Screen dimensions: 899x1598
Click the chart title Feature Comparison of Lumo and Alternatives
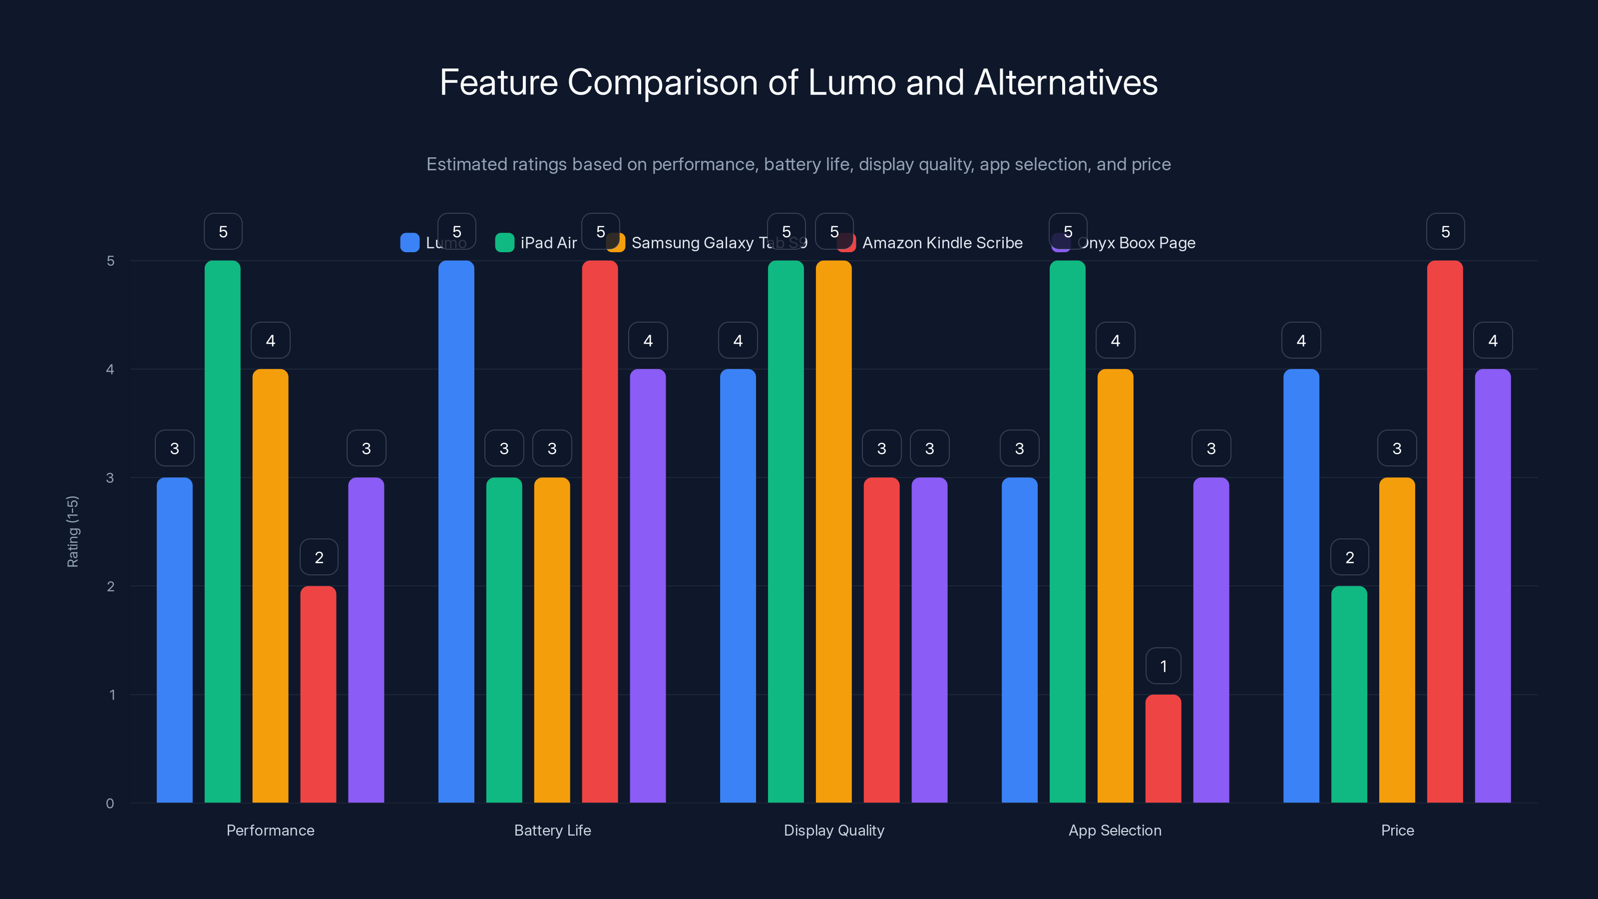click(x=799, y=82)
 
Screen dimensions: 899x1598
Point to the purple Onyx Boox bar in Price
click(x=1493, y=586)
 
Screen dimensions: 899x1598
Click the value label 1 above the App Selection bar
click(x=1163, y=666)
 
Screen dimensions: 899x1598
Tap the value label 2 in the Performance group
click(x=319, y=557)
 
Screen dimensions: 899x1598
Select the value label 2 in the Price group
click(x=1349, y=557)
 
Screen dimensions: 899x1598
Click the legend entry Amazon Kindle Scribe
click(x=942, y=243)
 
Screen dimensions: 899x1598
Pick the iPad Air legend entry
click(x=548, y=243)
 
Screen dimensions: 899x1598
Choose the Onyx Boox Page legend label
click(x=1137, y=243)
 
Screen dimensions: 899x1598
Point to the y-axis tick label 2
click(x=110, y=586)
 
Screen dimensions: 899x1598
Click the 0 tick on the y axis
click(x=110, y=804)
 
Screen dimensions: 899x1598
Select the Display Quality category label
click(x=834, y=830)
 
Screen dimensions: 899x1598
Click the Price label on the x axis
click(x=1397, y=830)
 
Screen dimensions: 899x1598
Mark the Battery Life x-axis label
click(x=552, y=830)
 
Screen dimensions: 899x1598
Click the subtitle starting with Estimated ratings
click(x=799, y=164)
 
